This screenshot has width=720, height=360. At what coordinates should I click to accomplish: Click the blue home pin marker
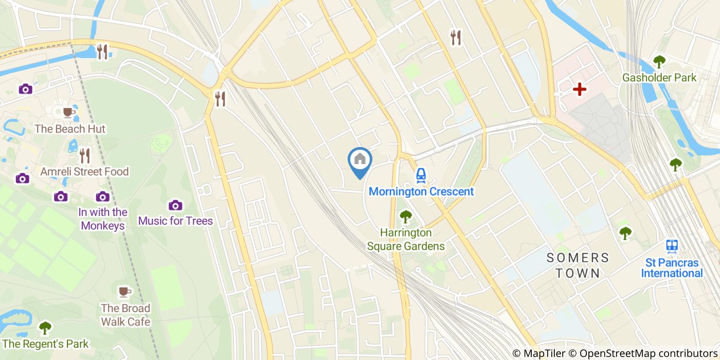coord(360,160)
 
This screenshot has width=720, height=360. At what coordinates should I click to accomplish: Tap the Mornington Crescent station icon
coord(421,176)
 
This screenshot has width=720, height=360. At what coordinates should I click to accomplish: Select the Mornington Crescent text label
coord(421,192)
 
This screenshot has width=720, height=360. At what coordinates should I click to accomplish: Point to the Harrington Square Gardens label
coord(406,240)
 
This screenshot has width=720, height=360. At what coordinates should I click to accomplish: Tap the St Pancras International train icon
coord(671,246)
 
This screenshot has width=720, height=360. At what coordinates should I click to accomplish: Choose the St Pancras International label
coord(671,268)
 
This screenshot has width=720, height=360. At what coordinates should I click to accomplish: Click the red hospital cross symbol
coord(580,89)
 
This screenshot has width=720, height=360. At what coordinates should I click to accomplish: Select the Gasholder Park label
coord(659,78)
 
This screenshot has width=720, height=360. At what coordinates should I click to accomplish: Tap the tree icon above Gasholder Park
coord(659,62)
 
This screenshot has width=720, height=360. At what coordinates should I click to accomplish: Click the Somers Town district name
coord(578,265)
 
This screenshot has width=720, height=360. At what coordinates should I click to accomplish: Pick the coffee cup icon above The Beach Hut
coord(68,112)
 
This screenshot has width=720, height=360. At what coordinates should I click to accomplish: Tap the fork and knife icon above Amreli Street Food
coord(85,155)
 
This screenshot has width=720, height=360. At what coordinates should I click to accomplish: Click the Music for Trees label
coord(175,221)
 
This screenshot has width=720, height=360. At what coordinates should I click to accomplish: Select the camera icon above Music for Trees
coord(175,205)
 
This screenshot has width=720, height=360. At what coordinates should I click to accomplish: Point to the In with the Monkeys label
coord(103,219)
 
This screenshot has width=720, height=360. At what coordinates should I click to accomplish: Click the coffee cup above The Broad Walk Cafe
coord(124,292)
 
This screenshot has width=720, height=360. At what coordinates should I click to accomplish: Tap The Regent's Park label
coord(45,344)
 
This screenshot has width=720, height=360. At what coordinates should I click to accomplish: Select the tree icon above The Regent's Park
coord(45,327)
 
